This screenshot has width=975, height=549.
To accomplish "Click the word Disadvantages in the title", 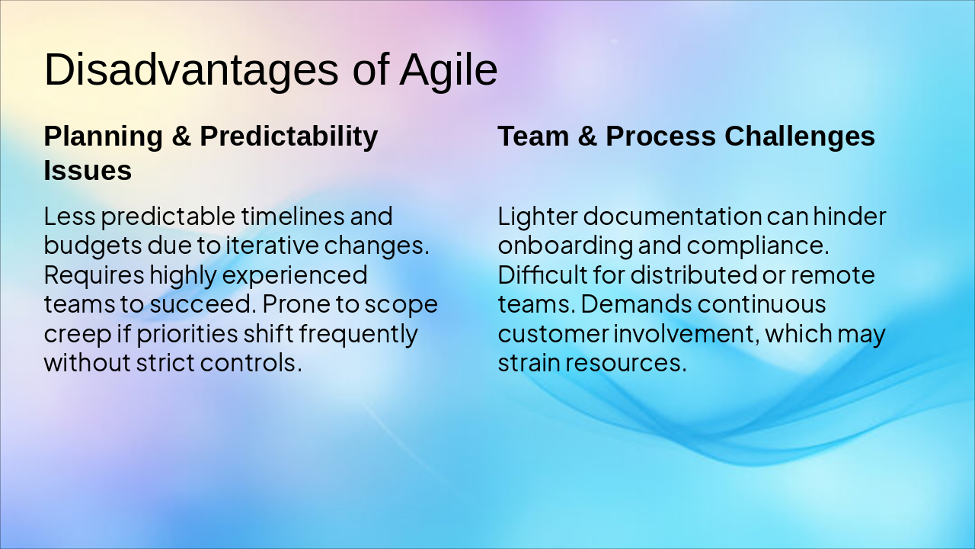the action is (191, 69).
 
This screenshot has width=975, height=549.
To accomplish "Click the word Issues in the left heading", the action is (88, 170).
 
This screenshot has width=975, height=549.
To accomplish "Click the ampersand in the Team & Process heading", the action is (587, 136).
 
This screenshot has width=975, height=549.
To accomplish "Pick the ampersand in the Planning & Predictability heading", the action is (181, 136).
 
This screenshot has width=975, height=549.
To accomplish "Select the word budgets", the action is (93, 246).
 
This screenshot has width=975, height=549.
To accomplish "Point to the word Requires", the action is (94, 276).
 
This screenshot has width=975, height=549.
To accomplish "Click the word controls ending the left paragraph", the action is (251, 362).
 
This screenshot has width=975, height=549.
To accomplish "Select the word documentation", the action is (673, 216).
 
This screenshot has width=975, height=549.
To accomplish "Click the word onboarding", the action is (565, 246).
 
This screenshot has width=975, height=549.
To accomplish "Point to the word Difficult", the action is (542, 275).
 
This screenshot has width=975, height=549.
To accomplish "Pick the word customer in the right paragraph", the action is (553, 334).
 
